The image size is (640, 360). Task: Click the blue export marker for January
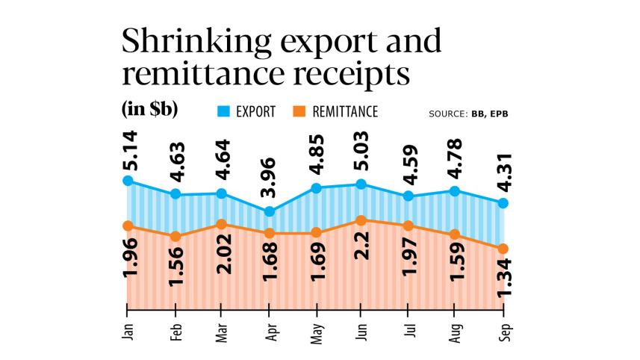pyautogui.click(x=128, y=181)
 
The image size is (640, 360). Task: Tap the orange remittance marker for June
pyautogui.click(x=361, y=220)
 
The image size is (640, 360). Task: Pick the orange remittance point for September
pyautogui.click(x=503, y=249)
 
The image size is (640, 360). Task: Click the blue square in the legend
pyautogui.click(x=222, y=112)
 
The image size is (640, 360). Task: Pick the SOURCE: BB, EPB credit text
pyautogui.click(x=473, y=114)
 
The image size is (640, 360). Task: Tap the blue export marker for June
pyautogui.click(x=361, y=184)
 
